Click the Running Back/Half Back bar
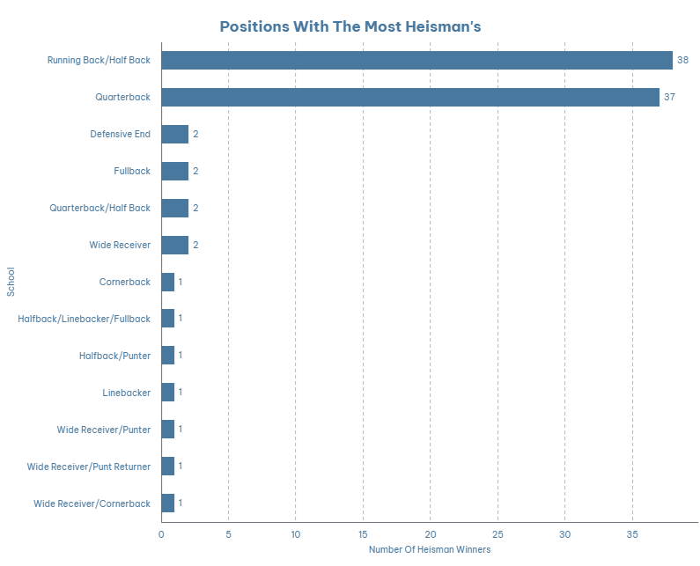(x=416, y=60)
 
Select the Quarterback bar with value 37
(x=410, y=97)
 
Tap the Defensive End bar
(x=174, y=134)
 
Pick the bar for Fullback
(x=174, y=171)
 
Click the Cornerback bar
(x=168, y=282)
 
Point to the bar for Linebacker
(x=168, y=393)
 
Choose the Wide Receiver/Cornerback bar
(x=168, y=504)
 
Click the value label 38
(x=682, y=60)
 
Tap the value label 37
(x=669, y=97)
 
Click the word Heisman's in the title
(x=445, y=26)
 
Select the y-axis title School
(x=11, y=282)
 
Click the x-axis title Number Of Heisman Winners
(x=430, y=549)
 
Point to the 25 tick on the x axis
(x=497, y=533)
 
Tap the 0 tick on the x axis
(x=161, y=533)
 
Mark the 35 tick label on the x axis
(x=632, y=533)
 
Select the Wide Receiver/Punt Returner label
(x=88, y=467)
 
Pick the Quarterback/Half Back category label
(x=99, y=208)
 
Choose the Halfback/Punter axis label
(x=114, y=356)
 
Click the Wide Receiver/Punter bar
(x=168, y=430)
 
